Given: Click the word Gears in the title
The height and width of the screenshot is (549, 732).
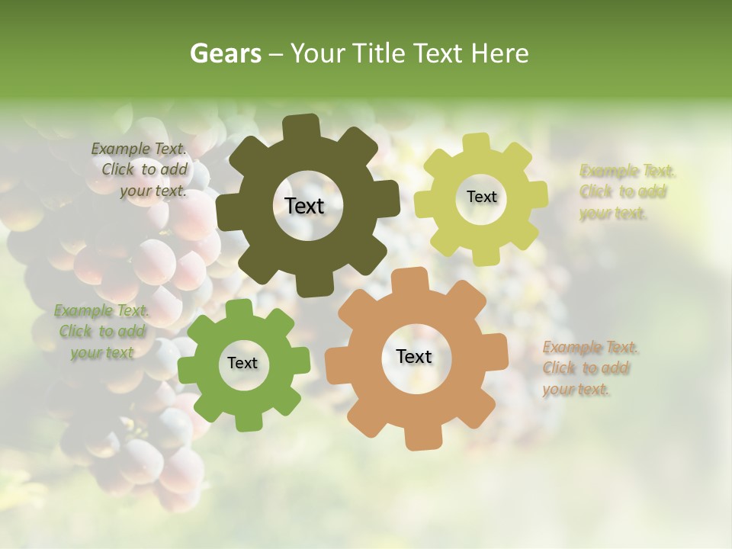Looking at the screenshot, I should (x=225, y=53).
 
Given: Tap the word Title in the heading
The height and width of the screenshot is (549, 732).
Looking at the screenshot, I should (x=380, y=53).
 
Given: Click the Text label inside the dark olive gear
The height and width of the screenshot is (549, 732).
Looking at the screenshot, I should (x=304, y=206).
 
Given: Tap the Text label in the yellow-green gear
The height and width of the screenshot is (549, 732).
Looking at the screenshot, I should (x=481, y=197).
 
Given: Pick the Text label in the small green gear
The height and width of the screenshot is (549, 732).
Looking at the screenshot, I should (x=242, y=363).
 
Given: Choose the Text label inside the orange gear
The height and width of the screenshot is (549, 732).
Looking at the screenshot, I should (x=414, y=356).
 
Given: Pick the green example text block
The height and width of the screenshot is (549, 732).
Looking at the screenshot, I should (x=102, y=331).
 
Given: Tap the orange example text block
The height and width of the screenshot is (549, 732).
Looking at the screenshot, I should (x=589, y=368).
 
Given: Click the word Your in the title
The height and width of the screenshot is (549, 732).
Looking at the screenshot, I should (x=318, y=53).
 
